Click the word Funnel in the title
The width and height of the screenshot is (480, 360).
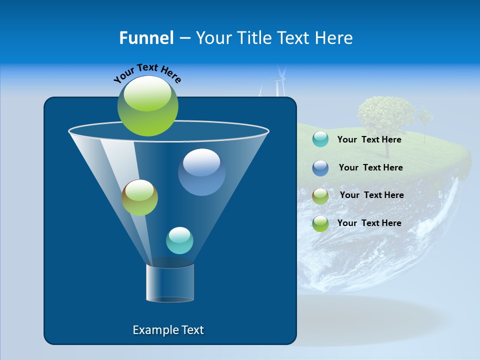[146, 38]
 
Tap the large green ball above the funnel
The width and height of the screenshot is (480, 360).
[148, 105]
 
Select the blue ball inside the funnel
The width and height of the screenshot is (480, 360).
[201, 172]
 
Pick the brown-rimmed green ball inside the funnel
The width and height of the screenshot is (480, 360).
[139, 197]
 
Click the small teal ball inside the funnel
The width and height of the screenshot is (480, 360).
[179, 240]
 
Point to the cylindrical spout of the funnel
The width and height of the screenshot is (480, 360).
[170, 283]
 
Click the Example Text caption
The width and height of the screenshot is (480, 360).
[168, 330]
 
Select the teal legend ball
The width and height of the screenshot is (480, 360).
[320, 139]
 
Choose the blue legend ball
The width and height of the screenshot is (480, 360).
[320, 168]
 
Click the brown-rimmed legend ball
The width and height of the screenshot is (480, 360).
[320, 196]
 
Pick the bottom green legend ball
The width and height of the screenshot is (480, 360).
[320, 223]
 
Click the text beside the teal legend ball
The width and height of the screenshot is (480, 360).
[369, 139]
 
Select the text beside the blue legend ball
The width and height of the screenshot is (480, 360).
[370, 167]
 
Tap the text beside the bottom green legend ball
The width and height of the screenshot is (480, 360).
[369, 223]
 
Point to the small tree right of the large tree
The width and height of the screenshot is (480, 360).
[425, 119]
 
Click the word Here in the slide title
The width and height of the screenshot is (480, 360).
[334, 38]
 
